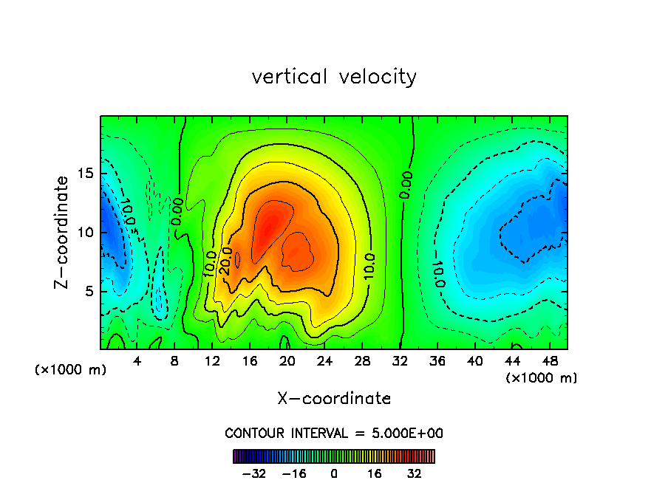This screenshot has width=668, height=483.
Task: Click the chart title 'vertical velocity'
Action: click(x=334, y=77)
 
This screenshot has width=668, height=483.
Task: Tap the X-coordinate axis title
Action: click(x=334, y=399)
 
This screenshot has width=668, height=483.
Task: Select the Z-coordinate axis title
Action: click(x=62, y=232)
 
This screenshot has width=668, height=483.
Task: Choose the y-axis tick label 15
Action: click(x=82, y=174)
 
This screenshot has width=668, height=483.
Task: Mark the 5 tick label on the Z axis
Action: click(x=86, y=292)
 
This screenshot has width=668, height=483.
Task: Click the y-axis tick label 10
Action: click(x=82, y=233)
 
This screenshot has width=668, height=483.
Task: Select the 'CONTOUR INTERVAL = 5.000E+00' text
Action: click(x=334, y=433)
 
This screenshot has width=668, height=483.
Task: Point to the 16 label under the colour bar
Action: click(x=374, y=473)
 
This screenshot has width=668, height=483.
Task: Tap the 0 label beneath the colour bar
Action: click(x=334, y=473)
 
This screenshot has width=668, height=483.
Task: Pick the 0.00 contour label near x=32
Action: click(x=406, y=184)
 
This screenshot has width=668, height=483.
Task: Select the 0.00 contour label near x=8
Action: click(x=177, y=211)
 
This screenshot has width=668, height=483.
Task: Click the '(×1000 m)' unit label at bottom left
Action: click(x=71, y=370)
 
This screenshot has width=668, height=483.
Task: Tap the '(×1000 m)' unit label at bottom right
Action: click(x=542, y=378)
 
